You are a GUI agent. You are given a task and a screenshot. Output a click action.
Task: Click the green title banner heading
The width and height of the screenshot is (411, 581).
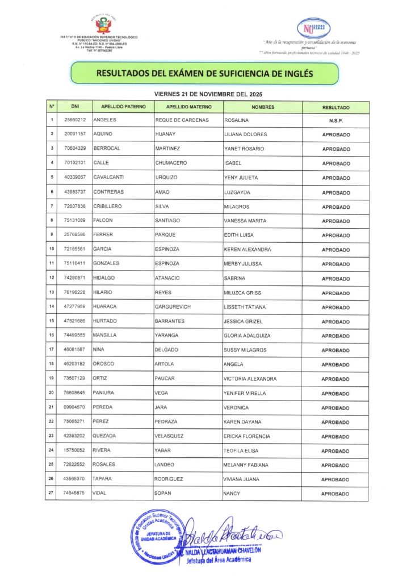tap(204, 73)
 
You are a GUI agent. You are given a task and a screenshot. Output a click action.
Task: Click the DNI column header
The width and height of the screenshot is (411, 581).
tap(74, 107)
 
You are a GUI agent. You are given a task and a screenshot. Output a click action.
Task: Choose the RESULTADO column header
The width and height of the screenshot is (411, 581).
tap(335, 107)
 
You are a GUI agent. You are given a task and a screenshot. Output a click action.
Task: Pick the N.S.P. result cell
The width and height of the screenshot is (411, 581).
tap(335, 120)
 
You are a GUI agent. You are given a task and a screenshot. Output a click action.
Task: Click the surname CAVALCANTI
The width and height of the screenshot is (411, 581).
tap(108, 178)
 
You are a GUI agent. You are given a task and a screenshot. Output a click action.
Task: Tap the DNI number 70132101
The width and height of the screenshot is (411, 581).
tap(74, 163)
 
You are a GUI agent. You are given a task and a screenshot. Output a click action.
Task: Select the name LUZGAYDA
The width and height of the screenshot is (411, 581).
tap(241, 192)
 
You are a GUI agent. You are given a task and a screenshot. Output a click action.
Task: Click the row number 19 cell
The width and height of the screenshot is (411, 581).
tap(52, 379)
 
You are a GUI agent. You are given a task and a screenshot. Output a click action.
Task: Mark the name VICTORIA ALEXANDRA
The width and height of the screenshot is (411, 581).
tap(250, 379)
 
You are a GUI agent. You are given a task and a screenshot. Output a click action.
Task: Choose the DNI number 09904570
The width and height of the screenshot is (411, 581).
tap(74, 407)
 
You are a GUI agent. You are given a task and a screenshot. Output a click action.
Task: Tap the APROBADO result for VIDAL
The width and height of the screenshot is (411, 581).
tap(335, 494)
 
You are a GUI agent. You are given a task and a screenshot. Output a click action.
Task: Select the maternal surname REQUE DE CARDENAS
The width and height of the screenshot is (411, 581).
tap(182, 120)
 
